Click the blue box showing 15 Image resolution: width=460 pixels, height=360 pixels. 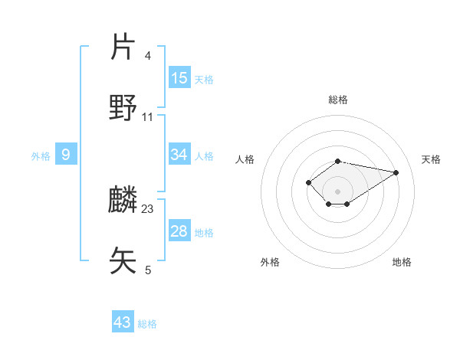pyautogui.click(x=179, y=77)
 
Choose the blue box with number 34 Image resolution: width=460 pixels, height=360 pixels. pyautogui.click(x=179, y=155)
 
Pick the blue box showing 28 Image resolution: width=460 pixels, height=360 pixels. pyautogui.click(x=179, y=231)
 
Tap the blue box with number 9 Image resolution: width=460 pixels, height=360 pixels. pyautogui.click(x=66, y=155)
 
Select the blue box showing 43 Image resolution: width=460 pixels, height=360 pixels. pyautogui.click(x=123, y=322)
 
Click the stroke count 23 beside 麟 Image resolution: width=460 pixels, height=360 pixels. pyautogui.click(x=148, y=208)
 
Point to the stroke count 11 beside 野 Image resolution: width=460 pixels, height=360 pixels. pyautogui.click(x=148, y=116)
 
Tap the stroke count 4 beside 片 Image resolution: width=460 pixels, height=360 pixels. pyautogui.click(x=147, y=56)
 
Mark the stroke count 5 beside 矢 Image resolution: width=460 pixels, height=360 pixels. pyautogui.click(x=147, y=269)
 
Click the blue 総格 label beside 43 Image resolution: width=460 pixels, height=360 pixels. pyautogui.click(x=147, y=324)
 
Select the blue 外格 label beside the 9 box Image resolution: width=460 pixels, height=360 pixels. pyautogui.click(x=41, y=156)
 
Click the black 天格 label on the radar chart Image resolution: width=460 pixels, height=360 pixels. pyautogui.click(x=431, y=159)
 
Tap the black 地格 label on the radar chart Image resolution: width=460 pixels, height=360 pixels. pyautogui.click(x=402, y=262)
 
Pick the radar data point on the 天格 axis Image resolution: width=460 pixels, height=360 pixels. pyautogui.click(x=396, y=172)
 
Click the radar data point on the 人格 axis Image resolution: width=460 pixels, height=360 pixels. pyautogui.click(x=308, y=182)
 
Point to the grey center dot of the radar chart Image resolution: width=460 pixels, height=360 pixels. pyautogui.click(x=337, y=191)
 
